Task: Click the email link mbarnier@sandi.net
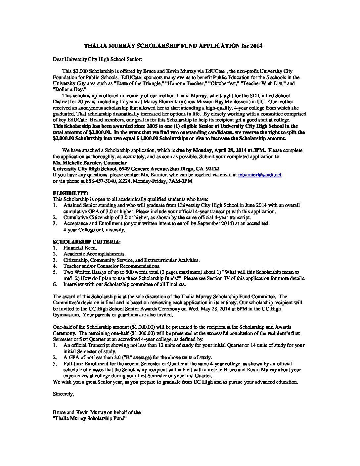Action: point(260,175)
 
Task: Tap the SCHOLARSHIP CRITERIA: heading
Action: point(87,242)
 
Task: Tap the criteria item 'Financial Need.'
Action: point(80,248)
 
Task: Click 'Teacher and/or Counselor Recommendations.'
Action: point(112,266)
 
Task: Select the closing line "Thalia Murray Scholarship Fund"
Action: point(90,419)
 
